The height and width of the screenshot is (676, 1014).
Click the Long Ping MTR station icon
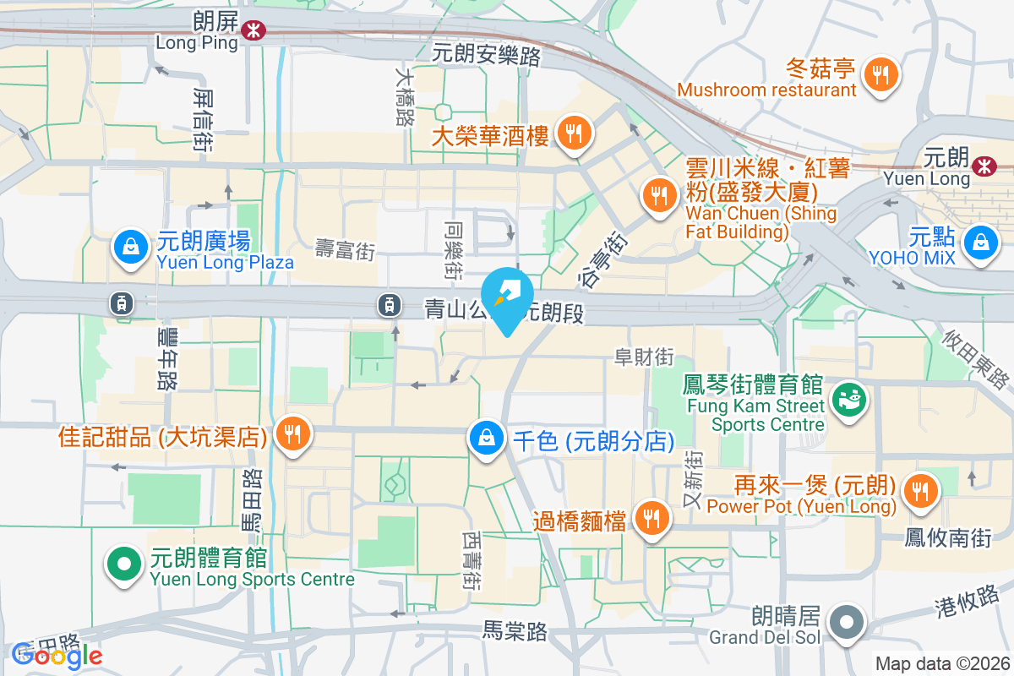[x=251, y=30]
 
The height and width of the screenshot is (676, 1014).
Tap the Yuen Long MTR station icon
[x=983, y=166]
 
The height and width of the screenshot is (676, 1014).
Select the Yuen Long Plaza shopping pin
[x=131, y=247]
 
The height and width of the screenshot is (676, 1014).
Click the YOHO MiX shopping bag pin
[x=980, y=243]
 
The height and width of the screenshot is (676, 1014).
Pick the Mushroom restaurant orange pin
[x=880, y=74]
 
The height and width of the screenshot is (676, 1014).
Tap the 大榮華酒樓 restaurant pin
[x=574, y=132]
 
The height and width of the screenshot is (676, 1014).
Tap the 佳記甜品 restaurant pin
[x=293, y=435]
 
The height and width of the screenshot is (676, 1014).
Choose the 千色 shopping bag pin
[x=487, y=439]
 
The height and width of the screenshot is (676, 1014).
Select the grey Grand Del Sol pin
[x=846, y=624]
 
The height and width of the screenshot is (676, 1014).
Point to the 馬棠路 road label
[x=515, y=631]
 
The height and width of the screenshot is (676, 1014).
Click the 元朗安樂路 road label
[x=486, y=55]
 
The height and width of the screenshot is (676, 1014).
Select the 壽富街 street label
[x=345, y=249]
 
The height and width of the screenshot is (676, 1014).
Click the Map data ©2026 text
[x=942, y=663]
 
